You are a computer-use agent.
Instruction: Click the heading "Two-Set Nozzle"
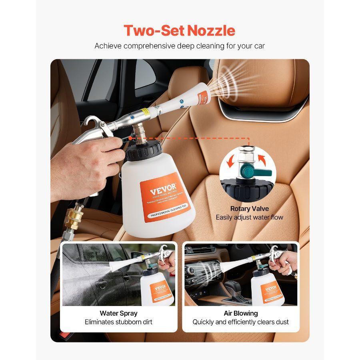tap(179, 30)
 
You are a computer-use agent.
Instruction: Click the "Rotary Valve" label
tap(249, 208)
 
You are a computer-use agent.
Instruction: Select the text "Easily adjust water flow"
tap(249, 217)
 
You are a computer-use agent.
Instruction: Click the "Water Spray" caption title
tap(118, 313)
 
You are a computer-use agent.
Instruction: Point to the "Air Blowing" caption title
tap(240, 313)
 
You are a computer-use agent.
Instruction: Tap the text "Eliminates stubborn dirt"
tap(118, 322)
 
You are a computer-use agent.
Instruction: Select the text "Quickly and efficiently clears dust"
tap(240, 322)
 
